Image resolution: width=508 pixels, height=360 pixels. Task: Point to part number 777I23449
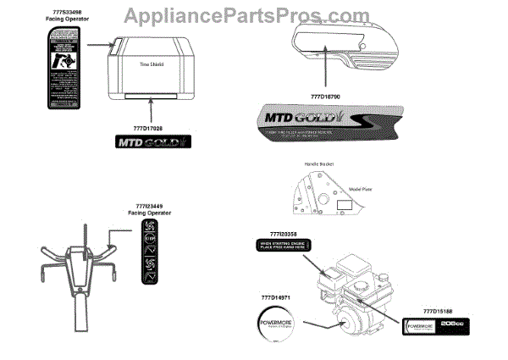click(x=153, y=206)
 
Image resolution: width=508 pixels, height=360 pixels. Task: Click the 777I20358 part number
click(x=284, y=232)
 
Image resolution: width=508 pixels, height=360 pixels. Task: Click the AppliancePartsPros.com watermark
click(x=254, y=14)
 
